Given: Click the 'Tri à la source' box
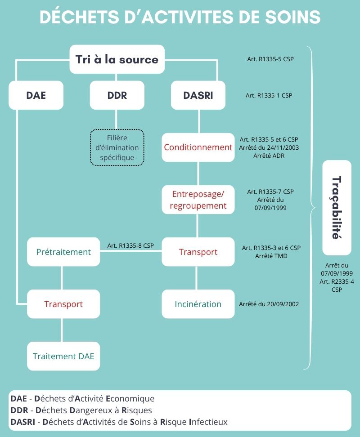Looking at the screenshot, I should (x=117, y=59).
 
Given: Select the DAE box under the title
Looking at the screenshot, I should (x=36, y=95).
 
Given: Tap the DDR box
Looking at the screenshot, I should (x=117, y=95).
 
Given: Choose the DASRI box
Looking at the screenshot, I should (x=198, y=95).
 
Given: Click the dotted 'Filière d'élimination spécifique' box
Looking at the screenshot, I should (x=117, y=147).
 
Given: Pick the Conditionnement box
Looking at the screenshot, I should (x=198, y=147).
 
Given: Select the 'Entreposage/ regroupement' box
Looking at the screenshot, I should (x=198, y=200).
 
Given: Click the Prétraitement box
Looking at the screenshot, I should (x=63, y=252).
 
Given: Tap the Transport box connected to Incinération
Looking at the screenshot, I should (x=198, y=252).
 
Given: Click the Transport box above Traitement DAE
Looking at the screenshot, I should (x=63, y=304).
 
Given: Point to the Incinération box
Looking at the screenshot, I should (x=198, y=304).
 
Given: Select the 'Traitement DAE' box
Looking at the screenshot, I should (x=63, y=356).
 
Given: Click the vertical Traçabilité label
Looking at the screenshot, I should (x=336, y=207).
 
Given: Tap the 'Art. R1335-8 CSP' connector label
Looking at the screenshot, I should (x=130, y=245).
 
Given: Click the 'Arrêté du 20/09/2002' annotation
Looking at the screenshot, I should (x=269, y=304).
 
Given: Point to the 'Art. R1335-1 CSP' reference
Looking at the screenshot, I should (x=269, y=95).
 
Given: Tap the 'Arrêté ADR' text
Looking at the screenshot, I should (x=270, y=156).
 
